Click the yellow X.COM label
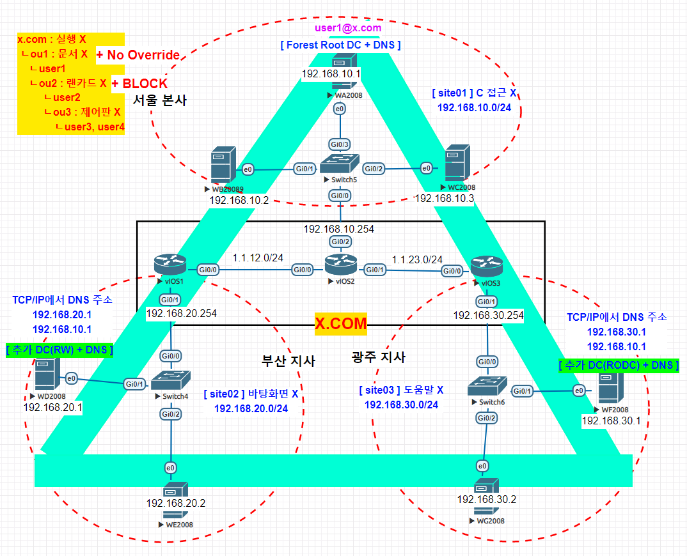341,324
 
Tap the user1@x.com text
348,28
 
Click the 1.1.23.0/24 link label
417,259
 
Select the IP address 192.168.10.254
339,228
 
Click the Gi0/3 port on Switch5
339,144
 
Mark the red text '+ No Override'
138,55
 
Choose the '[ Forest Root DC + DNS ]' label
340,45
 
